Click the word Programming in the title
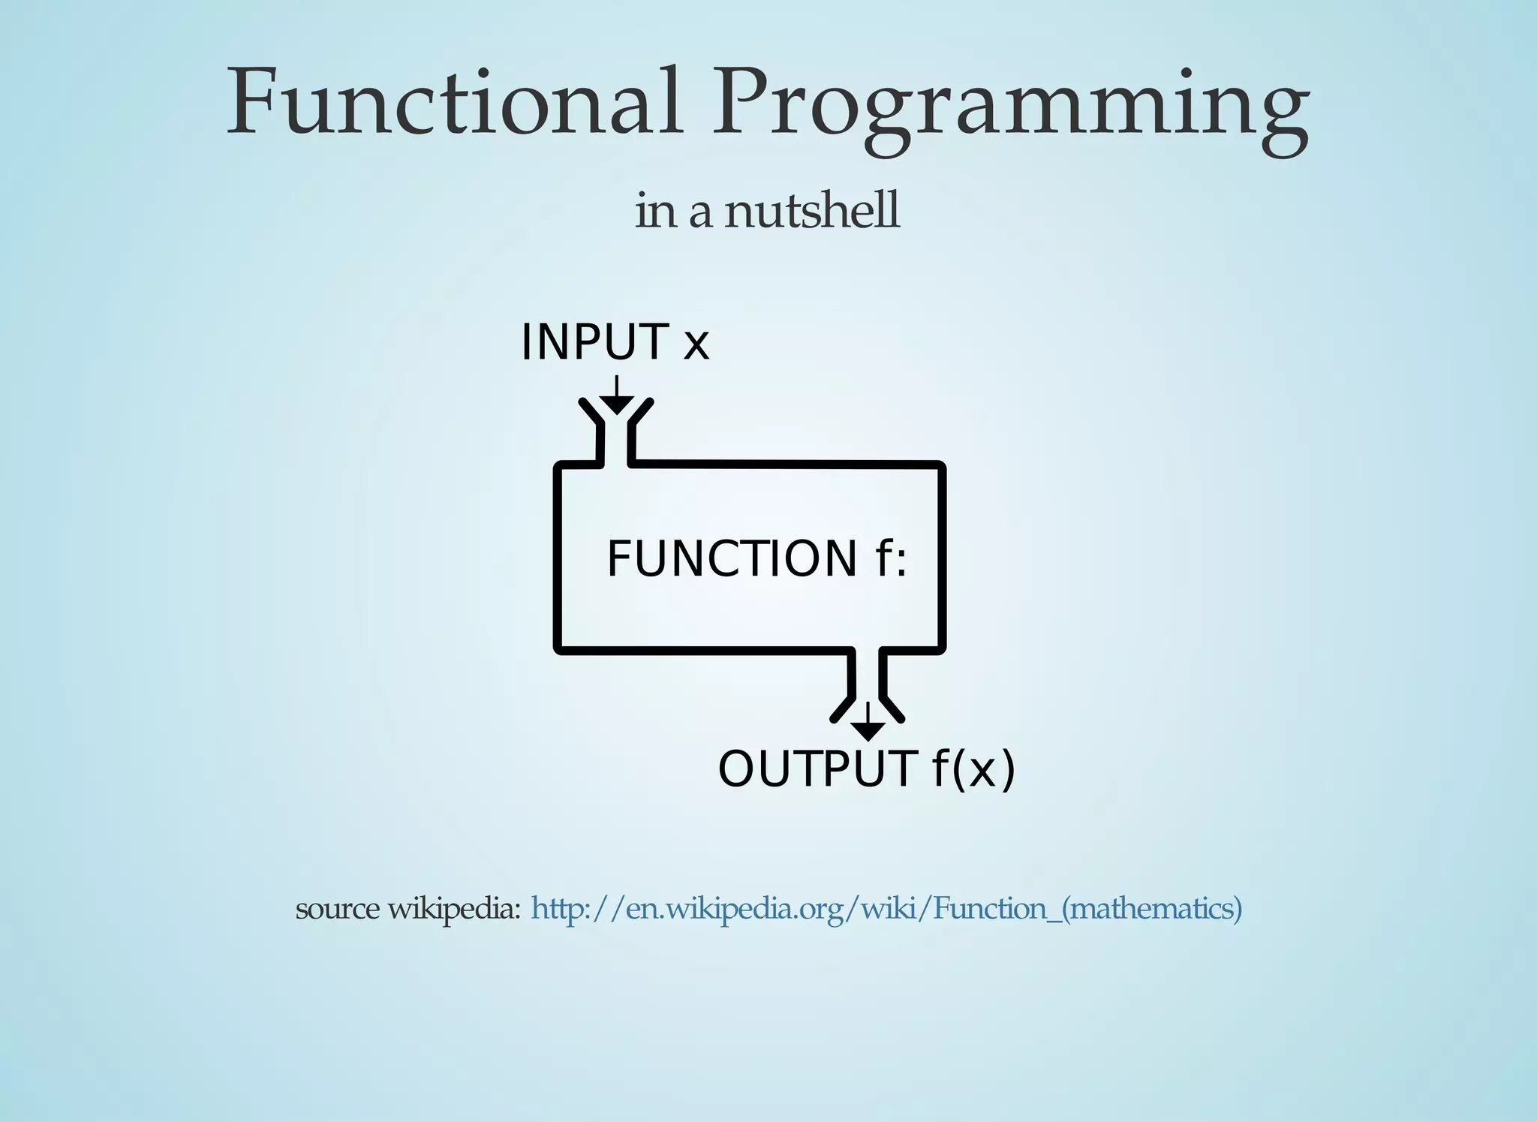[1009, 105]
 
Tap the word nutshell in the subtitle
[811, 211]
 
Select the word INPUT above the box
[594, 342]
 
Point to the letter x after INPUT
[696, 344]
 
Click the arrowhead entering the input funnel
[616, 406]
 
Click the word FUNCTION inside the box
[731, 559]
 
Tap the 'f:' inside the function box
[891, 559]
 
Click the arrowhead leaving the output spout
[868, 731]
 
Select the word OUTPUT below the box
[817, 769]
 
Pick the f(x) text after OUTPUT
[973, 769]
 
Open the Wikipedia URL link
[886, 909]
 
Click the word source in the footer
[337, 910]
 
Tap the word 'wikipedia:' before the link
[453, 910]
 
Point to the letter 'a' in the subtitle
[699, 213]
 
